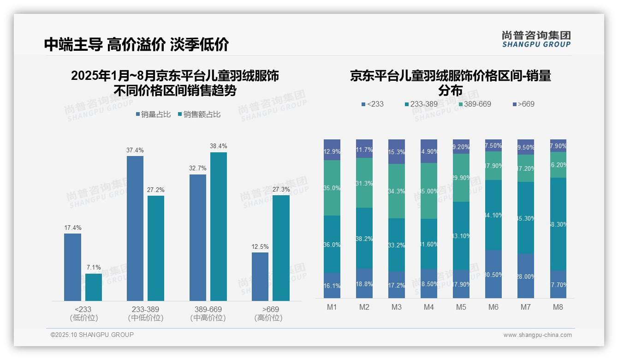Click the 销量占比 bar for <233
[x=72, y=267]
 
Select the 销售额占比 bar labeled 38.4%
[x=219, y=227]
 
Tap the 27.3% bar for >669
[x=281, y=248]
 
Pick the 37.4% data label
[x=135, y=150]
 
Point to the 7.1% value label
[x=94, y=268]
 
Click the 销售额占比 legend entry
[x=199, y=114]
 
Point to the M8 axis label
[x=558, y=307]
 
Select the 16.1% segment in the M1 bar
[x=332, y=286]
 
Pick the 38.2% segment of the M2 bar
[x=364, y=238]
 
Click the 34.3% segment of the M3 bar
[x=397, y=191]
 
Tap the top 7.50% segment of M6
[x=493, y=145]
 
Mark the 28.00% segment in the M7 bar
[x=526, y=276]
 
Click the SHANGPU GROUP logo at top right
[x=536, y=39]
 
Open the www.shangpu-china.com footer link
[x=537, y=335]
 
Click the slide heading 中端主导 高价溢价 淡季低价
[x=137, y=44]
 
